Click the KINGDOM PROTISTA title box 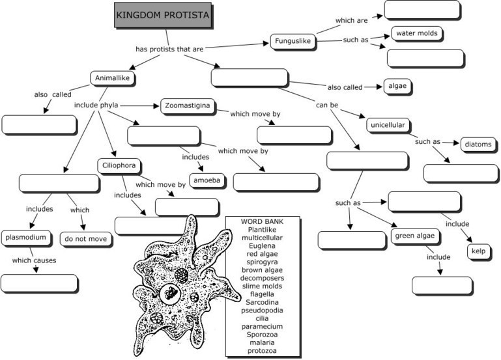162,15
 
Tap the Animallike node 112,78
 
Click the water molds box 416,33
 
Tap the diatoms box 478,144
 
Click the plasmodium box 25,237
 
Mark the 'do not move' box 86,239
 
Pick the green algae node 413,236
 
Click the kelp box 478,251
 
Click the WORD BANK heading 262,221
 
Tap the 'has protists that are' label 167,49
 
